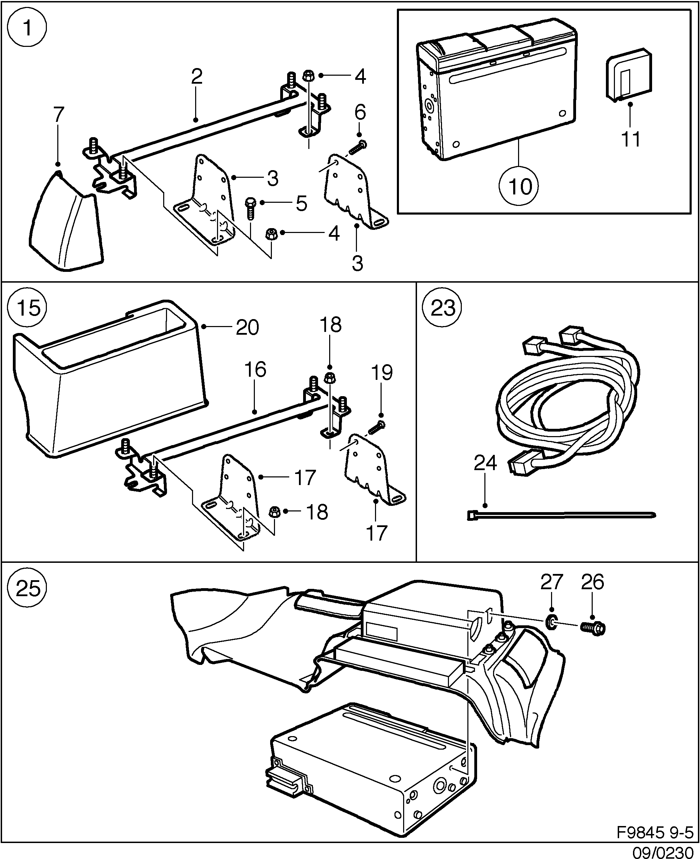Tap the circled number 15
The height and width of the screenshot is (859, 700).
pyautogui.click(x=27, y=308)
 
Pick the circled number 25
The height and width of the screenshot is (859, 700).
pyautogui.click(x=27, y=589)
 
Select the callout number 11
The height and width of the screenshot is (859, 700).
pyautogui.click(x=631, y=140)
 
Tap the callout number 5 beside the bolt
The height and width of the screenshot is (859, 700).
pyautogui.click(x=301, y=203)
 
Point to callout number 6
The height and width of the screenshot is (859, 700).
pyautogui.click(x=360, y=112)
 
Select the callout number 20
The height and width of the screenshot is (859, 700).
pyautogui.click(x=247, y=328)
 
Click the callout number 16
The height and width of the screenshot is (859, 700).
pyautogui.click(x=255, y=370)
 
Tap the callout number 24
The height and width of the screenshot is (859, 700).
pyautogui.click(x=485, y=463)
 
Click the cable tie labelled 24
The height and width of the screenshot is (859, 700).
pyautogui.click(x=560, y=515)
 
